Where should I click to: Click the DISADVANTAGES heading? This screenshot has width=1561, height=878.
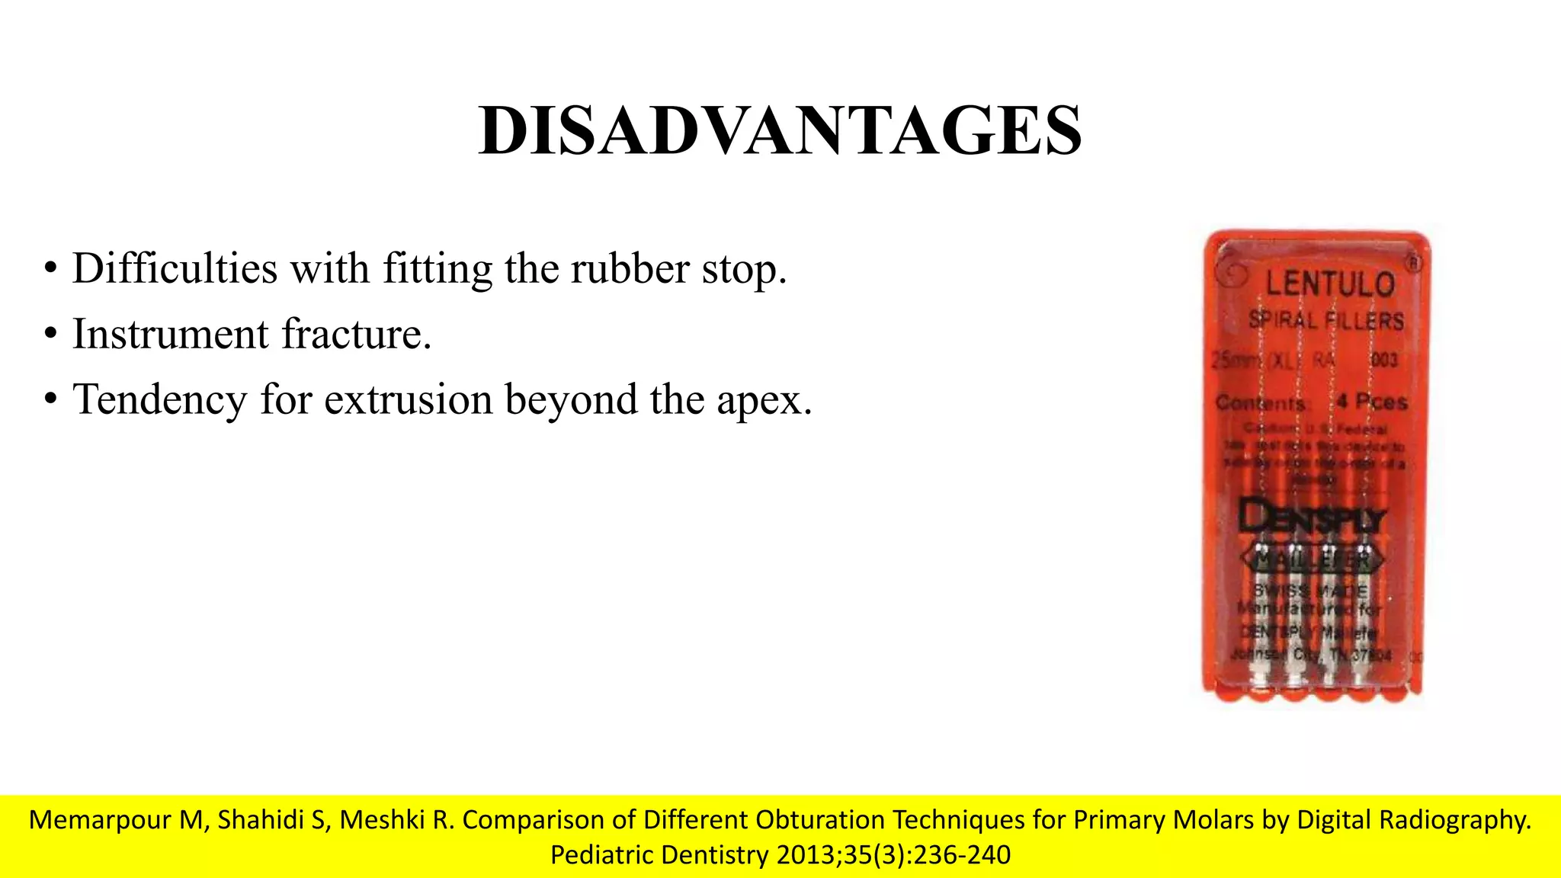coord(780,130)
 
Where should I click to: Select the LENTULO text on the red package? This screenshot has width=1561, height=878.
coord(1330,284)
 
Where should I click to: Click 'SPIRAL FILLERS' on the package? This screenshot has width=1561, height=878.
coord(1325,320)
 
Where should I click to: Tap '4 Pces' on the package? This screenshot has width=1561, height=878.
coord(1371,402)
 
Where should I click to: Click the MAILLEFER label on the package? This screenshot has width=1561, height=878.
coord(1311,561)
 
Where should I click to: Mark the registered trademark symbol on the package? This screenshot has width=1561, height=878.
coord(1414,264)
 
